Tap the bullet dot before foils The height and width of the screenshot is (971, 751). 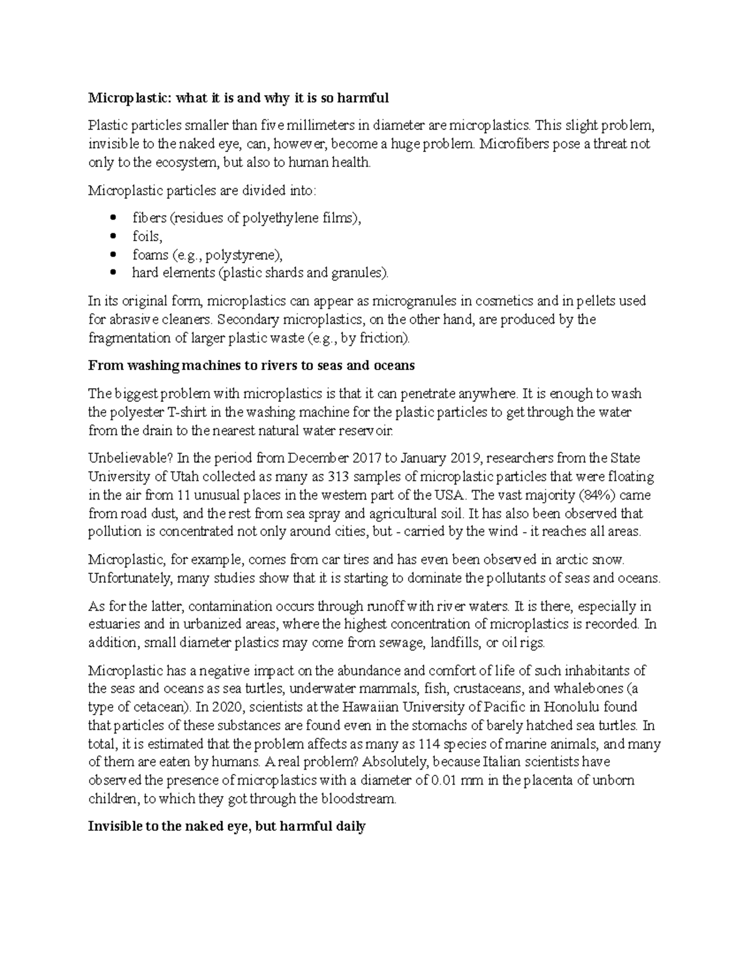click(x=113, y=236)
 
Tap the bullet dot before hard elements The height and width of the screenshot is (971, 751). click(x=113, y=273)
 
